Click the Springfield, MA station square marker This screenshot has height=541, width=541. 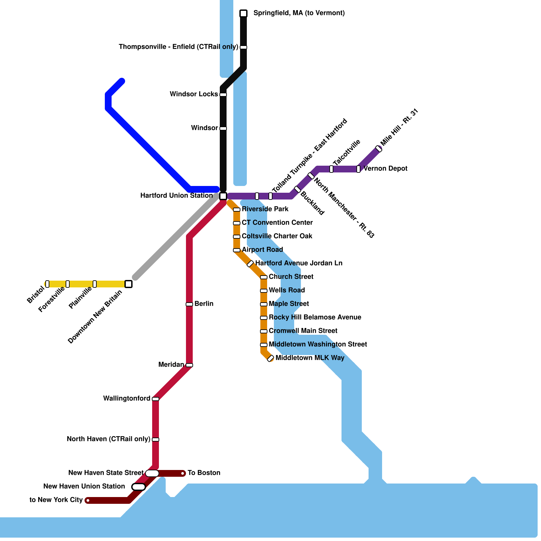pos(243,14)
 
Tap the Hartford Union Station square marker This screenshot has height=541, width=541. pos(223,196)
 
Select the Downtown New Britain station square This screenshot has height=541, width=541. pos(128,284)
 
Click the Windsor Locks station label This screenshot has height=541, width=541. pos(194,94)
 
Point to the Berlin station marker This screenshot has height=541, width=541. pos(189,304)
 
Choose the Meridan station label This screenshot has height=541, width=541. pos(171,364)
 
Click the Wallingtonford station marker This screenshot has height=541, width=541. pos(156,399)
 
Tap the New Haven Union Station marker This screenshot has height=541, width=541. pos(139,487)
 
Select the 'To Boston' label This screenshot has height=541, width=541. pos(204,473)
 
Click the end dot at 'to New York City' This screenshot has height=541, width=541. pos(88,500)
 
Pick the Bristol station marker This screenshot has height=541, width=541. pos(47,284)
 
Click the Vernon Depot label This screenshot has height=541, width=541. pos(385,168)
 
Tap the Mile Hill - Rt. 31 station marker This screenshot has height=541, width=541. pos(379,149)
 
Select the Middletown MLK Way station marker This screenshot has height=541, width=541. pos(270,358)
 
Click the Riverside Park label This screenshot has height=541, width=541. pos(265,209)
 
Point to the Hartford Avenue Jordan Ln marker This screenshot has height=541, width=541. pos(250,264)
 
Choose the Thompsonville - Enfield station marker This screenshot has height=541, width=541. pos(243,47)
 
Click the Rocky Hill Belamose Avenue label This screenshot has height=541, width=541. pos(315,317)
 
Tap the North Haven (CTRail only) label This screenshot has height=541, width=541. pos(108,439)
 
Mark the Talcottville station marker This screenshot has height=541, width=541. pos(331,169)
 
